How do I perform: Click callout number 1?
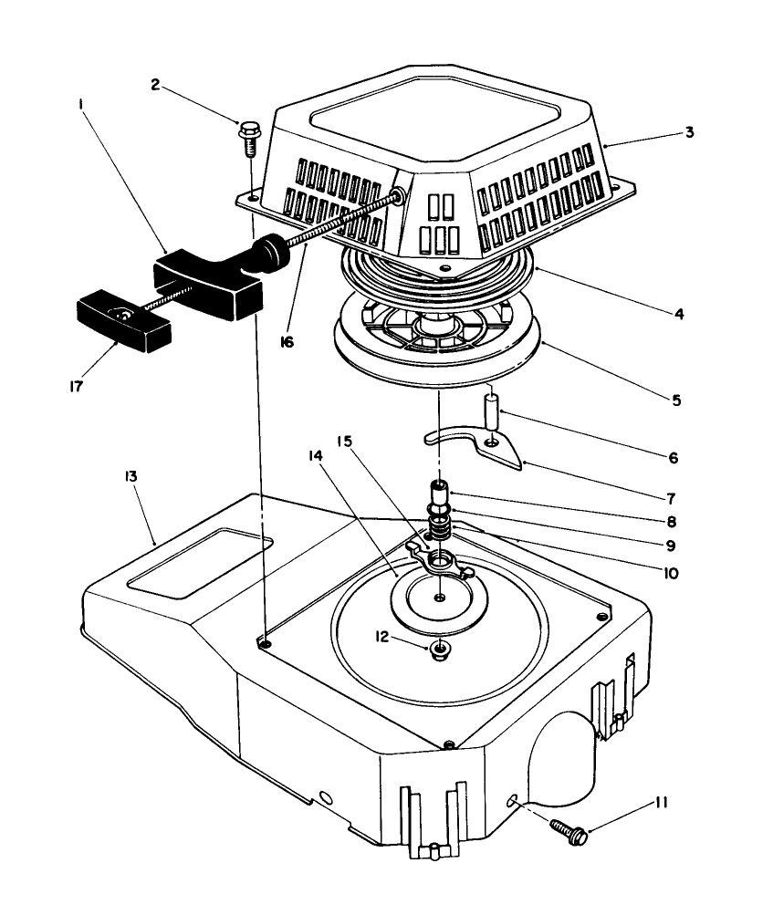click(x=81, y=106)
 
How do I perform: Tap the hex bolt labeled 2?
click(x=248, y=133)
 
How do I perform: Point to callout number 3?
click(x=690, y=131)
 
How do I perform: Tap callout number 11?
click(x=661, y=803)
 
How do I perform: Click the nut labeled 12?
click(x=440, y=650)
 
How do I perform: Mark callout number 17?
click(x=76, y=386)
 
